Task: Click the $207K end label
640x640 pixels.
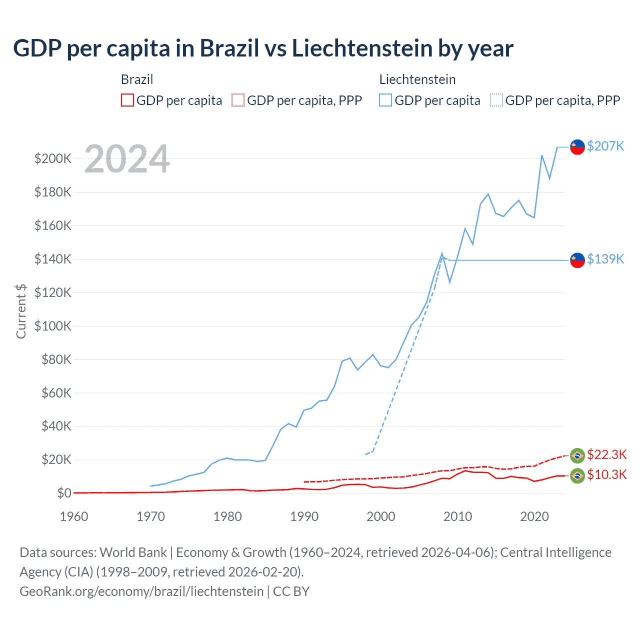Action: click(x=605, y=146)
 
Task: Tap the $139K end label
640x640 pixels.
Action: click(x=605, y=259)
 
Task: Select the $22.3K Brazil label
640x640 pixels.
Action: click(x=606, y=454)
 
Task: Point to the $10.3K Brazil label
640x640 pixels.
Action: click(x=606, y=474)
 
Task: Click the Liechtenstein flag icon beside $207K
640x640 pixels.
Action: click(x=577, y=147)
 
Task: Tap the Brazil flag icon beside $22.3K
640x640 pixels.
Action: click(x=577, y=455)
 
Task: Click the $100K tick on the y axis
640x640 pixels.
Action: click(x=53, y=326)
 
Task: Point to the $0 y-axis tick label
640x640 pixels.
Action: click(x=64, y=493)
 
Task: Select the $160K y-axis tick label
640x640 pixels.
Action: click(x=53, y=225)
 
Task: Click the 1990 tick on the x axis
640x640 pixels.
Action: click(x=304, y=516)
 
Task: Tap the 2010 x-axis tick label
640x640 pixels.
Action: click(x=457, y=516)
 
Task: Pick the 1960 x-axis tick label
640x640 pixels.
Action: click(x=74, y=516)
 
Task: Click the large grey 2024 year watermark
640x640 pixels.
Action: click(x=127, y=159)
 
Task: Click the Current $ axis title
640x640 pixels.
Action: click(x=21, y=311)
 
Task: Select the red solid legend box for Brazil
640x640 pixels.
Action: click(x=127, y=100)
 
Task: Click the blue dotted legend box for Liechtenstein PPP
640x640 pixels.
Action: click(x=496, y=100)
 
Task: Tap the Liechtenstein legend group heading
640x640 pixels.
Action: click(x=417, y=79)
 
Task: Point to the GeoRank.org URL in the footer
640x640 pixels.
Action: click(x=141, y=591)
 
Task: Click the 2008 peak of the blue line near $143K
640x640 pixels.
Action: click(x=442, y=253)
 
